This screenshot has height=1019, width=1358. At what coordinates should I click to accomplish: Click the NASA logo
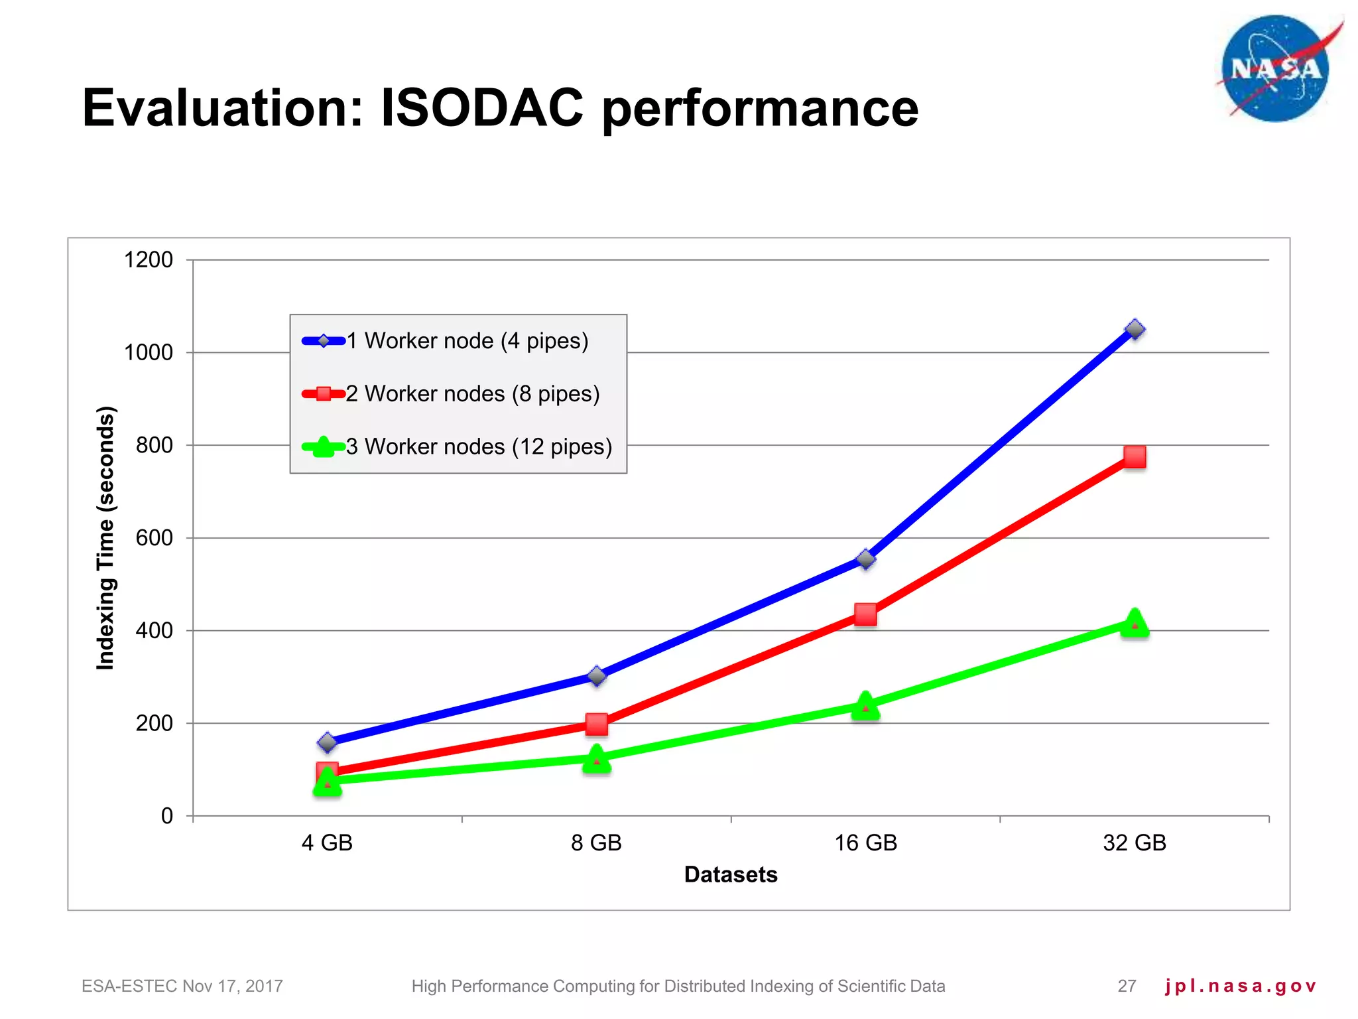click(1275, 69)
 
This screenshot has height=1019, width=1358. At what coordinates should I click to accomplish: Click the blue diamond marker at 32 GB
click(1135, 329)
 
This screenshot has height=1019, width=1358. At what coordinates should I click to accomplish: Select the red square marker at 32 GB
click(1135, 456)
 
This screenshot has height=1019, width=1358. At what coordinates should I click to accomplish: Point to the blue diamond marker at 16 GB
click(865, 559)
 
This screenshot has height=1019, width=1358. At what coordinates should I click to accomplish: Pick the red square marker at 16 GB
click(865, 614)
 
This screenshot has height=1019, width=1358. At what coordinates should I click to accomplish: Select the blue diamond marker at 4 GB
click(327, 742)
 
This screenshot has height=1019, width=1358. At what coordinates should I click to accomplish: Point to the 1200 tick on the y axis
click(149, 260)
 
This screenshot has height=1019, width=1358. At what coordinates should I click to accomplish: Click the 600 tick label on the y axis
click(154, 538)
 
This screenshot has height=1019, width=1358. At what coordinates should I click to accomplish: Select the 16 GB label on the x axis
click(865, 843)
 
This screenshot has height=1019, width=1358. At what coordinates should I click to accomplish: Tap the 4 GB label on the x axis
click(327, 843)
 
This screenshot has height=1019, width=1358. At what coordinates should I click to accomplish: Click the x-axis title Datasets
click(731, 874)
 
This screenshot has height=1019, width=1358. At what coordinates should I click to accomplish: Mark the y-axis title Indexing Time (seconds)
click(106, 537)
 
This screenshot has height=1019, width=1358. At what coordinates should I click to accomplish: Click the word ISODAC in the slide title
click(482, 108)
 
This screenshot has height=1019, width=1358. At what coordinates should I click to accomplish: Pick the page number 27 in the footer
click(1127, 986)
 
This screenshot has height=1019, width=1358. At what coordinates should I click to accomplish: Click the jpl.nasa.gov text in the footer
click(1240, 986)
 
